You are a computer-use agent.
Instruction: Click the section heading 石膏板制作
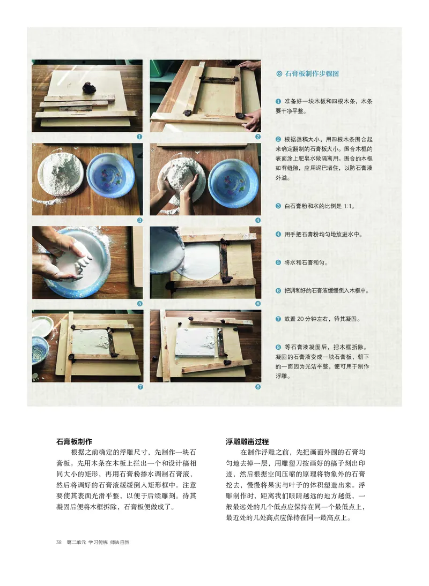coord(75,441)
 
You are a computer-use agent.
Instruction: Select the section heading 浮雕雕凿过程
coord(247,441)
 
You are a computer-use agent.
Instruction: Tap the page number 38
coord(59,542)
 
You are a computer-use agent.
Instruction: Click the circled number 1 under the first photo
coord(139,137)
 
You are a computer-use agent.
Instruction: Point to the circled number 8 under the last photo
coord(258,386)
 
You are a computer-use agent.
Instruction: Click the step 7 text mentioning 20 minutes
coord(322,319)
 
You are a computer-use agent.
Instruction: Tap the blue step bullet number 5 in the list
coord(278,262)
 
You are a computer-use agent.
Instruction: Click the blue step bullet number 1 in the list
coord(278,101)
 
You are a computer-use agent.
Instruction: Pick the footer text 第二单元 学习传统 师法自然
coord(98,542)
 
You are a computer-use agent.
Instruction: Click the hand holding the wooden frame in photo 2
coord(250,119)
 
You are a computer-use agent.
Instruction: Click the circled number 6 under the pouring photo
coord(258,303)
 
